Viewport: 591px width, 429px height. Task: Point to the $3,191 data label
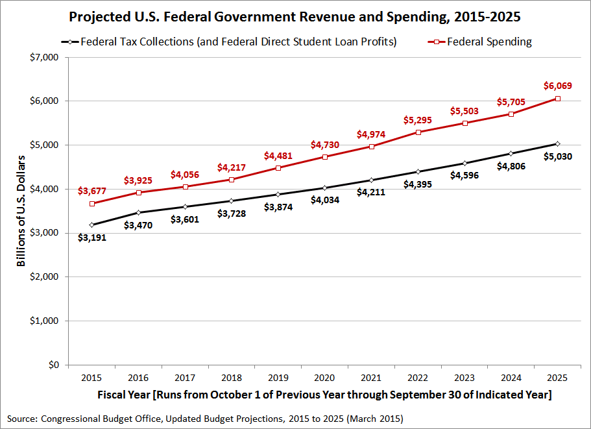click(91, 238)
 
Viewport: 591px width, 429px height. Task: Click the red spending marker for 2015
click(92, 203)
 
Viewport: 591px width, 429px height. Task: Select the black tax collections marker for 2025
click(557, 143)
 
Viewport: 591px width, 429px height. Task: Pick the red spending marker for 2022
click(418, 132)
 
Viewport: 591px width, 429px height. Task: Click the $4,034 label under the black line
click(324, 201)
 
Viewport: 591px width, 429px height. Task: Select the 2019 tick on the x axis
click(278, 377)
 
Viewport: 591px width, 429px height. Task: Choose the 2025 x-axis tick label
click(557, 377)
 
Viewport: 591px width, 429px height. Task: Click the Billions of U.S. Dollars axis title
click(22, 211)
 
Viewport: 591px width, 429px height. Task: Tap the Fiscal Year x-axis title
click(324, 395)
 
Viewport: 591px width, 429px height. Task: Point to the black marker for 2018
click(232, 201)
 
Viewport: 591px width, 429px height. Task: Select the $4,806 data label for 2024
click(511, 166)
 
